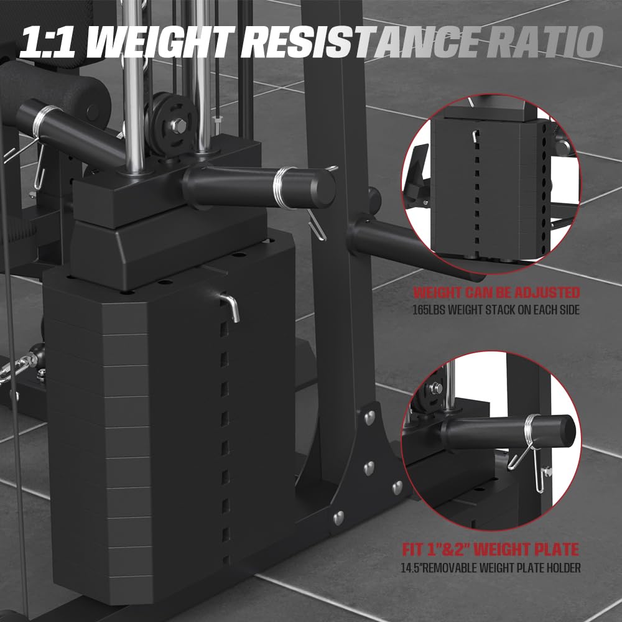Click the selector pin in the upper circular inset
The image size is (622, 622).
click(476, 136)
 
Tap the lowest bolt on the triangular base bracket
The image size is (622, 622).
click(338, 516)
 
